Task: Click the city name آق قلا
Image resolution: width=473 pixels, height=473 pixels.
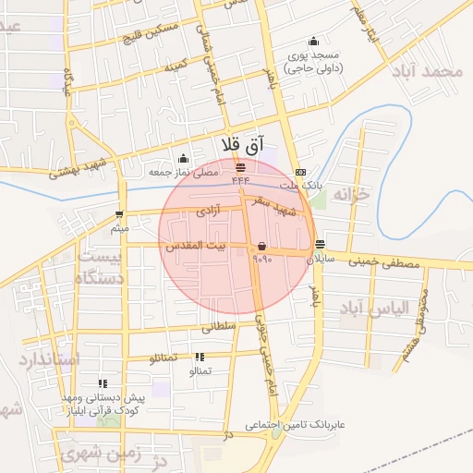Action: coord(243,145)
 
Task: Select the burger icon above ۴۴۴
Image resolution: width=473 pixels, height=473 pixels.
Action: coord(241,167)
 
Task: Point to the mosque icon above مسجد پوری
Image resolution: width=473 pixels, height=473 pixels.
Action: coord(313,40)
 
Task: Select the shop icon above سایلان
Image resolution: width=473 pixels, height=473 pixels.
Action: coord(320,245)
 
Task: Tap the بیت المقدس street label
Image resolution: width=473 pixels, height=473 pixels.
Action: coord(195,247)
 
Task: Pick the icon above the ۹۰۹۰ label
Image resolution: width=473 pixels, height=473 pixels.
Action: coord(261,247)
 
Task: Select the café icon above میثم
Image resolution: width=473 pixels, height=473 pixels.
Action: coord(119,214)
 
